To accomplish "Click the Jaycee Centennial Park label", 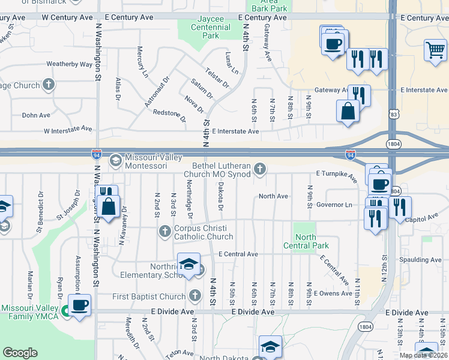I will coord(210,28).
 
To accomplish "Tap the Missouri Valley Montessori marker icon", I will coord(115,161).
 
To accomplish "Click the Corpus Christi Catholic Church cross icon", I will coord(165,232).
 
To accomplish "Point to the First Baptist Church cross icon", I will coord(194,296).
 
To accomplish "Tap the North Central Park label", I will coord(306,241).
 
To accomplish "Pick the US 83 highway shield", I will coord(394,113).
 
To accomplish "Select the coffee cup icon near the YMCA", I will coord(79,305).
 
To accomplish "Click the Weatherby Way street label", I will coord(69,64).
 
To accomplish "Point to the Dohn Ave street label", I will coord(36,115).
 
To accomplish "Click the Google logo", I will coord(20,353).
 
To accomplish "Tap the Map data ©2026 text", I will coord(424,355).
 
